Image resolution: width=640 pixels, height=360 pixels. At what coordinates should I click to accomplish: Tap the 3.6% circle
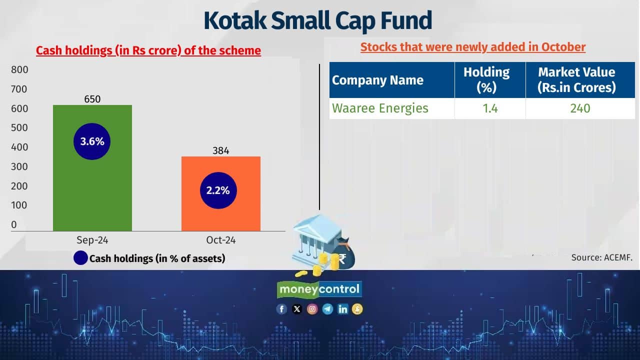click(x=92, y=141)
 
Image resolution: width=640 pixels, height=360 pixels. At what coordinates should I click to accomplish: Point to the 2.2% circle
click(x=218, y=190)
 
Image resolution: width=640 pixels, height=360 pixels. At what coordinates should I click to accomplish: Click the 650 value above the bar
click(x=92, y=99)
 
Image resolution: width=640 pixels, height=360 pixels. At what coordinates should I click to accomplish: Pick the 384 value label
click(x=220, y=150)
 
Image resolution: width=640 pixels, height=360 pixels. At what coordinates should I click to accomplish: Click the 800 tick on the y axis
click(x=19, y=69)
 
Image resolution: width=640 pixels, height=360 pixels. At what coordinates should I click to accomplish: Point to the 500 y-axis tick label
click(x=19, y=127)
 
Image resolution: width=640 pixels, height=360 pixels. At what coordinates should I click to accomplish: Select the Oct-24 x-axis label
click(x=221, y=240)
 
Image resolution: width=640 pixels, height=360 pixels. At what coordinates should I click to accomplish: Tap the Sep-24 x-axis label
click(x=92, y=240)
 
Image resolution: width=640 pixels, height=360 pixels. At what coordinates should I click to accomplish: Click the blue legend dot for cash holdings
click(x=80, y=258)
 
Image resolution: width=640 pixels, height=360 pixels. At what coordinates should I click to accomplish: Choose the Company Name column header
click(x=377, y=80)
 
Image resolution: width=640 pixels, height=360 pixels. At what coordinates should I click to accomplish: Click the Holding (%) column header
click(x=486, y=79)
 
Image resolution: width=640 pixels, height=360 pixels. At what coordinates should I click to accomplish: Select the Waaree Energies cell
click(x=380, y=108)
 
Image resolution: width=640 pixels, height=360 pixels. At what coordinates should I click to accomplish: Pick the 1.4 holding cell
click(x=490, y=108)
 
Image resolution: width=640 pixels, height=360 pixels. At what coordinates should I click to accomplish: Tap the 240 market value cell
click(x=580, y=108)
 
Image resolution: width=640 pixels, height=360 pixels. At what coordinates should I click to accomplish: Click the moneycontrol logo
click(x=319, y=289)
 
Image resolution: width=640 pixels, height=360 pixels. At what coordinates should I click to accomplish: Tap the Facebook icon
click(x=282, y=309)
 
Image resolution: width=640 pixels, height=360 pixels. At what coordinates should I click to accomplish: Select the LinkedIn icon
click(x=342, y=309)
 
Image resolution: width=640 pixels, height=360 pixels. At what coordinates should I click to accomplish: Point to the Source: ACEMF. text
click(x=602, y=257)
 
